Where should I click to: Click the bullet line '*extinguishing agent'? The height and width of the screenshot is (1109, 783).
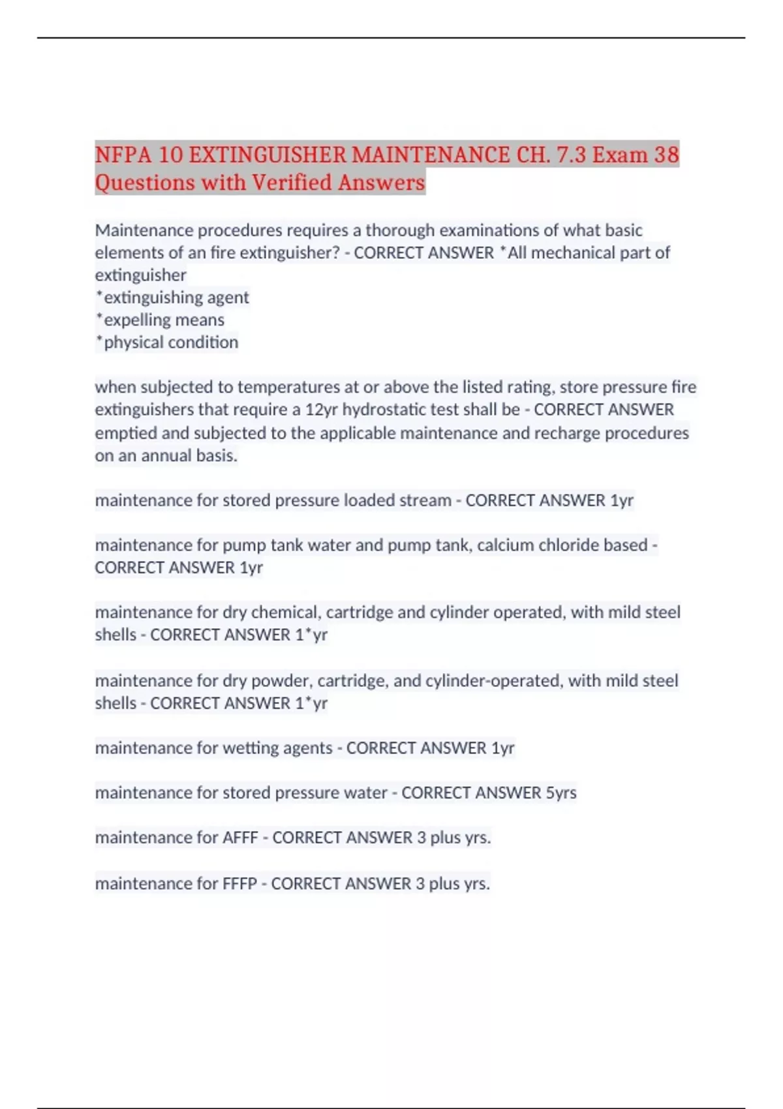pyautogui.click(x=172, y=297)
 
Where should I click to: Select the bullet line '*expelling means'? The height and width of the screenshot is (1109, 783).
pyautogui.click(x=160, y=320)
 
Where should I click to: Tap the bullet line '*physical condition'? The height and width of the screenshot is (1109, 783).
pyautogui.click(x=167, y=342)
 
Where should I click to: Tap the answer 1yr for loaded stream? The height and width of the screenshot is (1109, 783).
pyautogui.click(x=622, y=500)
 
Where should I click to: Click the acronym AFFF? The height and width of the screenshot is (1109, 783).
pyautogui.click(x=240, y=838)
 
